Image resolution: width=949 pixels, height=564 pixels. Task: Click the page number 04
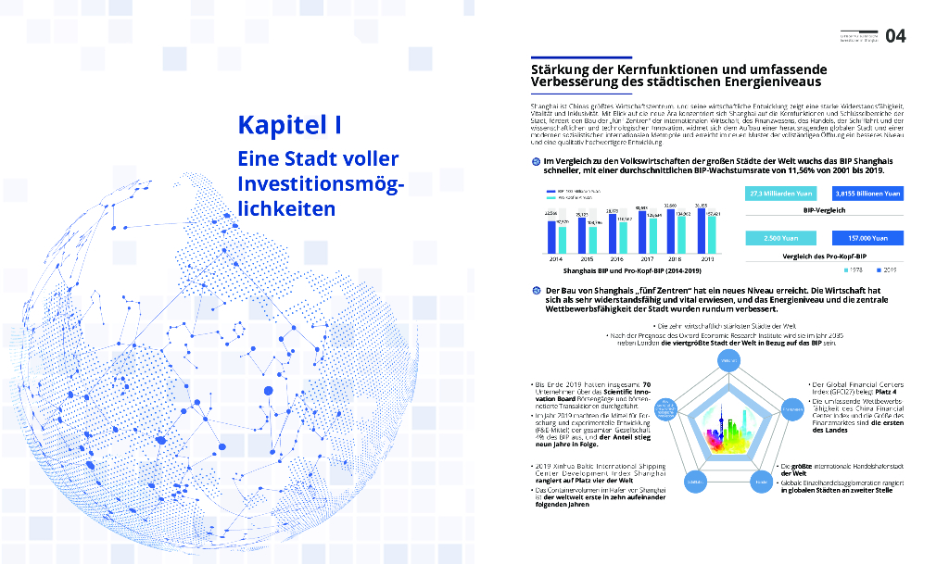pos(895,36)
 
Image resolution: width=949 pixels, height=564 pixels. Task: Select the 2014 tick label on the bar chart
pos(554,259)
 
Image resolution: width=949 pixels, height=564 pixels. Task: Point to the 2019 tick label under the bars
pos(707,259)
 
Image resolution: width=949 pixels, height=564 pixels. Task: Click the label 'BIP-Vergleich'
pos(824,210)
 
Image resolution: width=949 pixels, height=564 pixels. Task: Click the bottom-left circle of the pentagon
pos(691,483)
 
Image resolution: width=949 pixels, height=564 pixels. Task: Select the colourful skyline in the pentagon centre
pos(728,429)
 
